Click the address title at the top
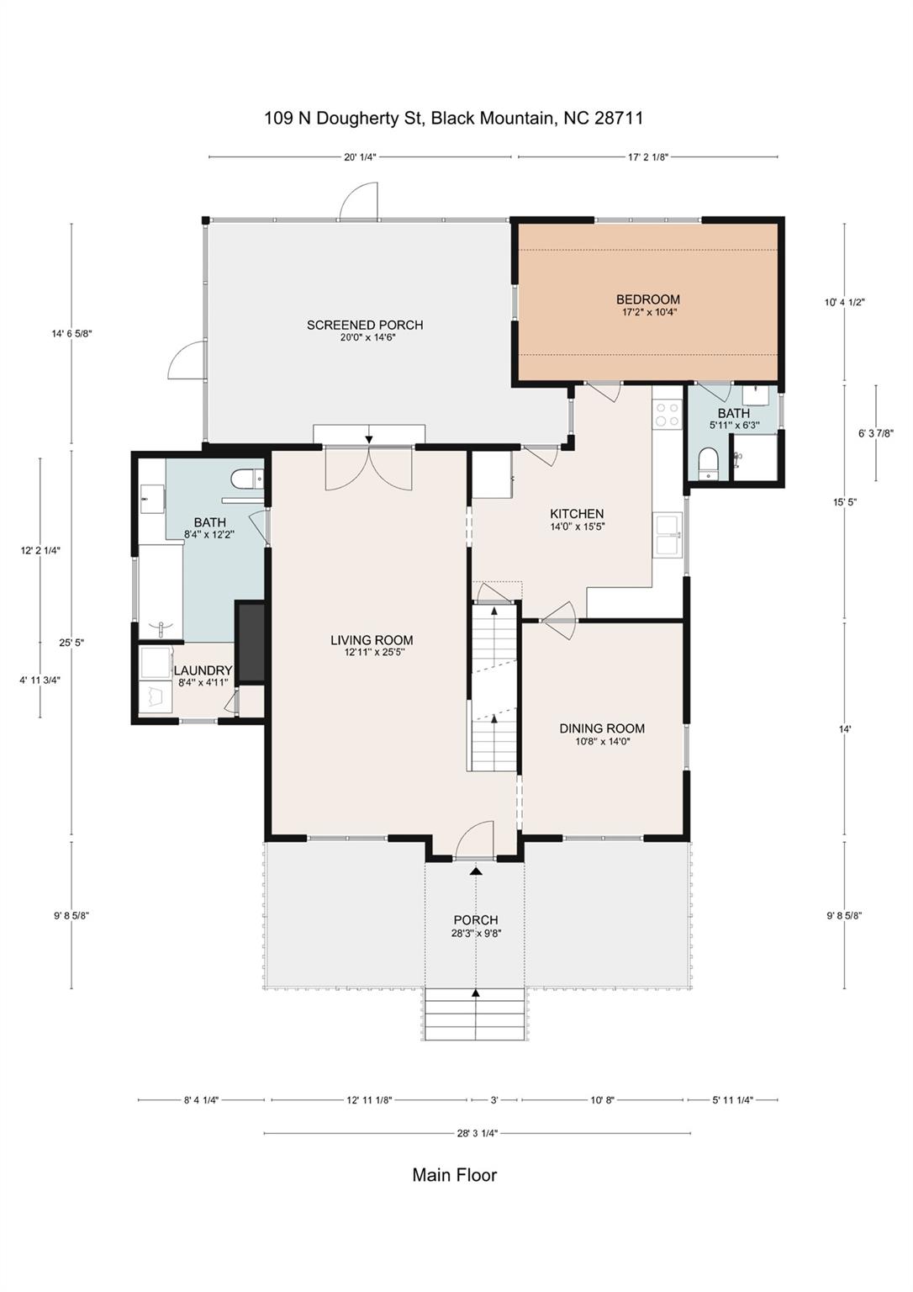tap(454, 118)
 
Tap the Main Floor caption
tap(454, 1174)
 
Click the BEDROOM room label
tap(647, 300)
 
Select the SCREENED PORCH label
tap(365, 326)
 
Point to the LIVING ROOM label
tap(372, 640)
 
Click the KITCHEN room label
tap(577, 514)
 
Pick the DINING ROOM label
tap(602, 728)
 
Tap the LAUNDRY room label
tap(203, 670)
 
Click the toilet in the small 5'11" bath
tap(708, 463)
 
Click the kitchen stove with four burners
tap(668, 414)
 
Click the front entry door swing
tap(476, 839)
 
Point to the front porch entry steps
tap(476, 1014)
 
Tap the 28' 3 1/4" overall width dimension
tap(477, 1133)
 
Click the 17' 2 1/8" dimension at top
tap(647, 156)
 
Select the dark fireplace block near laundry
tap(251, 641)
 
